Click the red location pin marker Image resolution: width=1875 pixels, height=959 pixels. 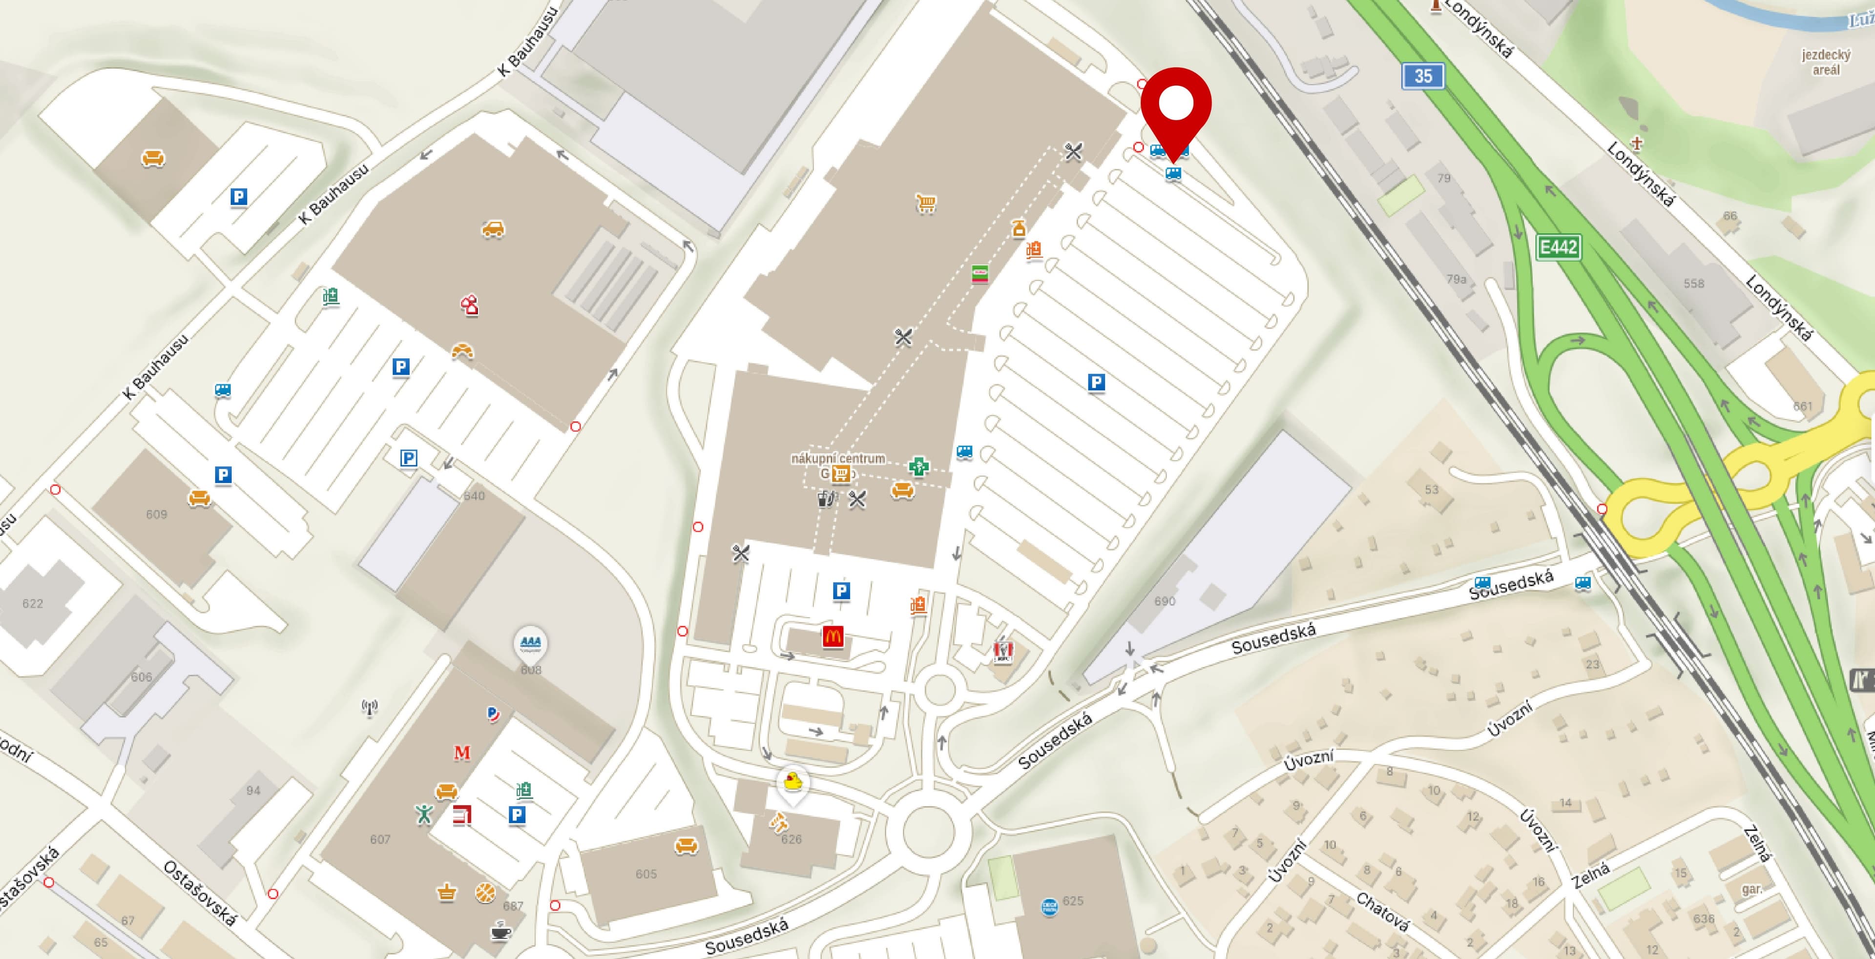(x=1175, y=105)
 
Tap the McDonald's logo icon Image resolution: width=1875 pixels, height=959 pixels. (x=833, y=637)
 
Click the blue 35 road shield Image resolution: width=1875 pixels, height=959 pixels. (x=1423, y=76)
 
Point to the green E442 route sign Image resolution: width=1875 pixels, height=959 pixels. (x=1559, y=247)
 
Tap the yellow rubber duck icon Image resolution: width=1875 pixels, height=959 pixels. (x=792, y=783)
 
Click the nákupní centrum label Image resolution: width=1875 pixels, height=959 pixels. (x=838, y=458)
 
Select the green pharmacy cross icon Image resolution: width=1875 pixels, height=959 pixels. (x=918, y=467)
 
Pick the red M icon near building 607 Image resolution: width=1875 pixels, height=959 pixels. (x=462, y=753)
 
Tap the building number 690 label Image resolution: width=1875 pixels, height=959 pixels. (x=1164, y=601)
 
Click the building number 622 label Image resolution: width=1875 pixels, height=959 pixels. (x=33, y=603)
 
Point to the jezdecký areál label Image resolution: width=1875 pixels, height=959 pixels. (x=1826, y=62)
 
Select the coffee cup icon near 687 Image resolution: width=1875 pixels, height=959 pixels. (x=500, y=931)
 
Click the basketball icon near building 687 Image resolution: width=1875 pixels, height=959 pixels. (x=485, y=892)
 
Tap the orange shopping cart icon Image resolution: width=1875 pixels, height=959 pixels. (x=925, y=203)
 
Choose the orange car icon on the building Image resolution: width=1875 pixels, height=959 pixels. (x=493, y=229)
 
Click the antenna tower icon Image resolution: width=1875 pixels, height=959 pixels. (x=370, y=707)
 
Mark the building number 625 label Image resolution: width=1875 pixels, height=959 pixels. (x=1073, y=901)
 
